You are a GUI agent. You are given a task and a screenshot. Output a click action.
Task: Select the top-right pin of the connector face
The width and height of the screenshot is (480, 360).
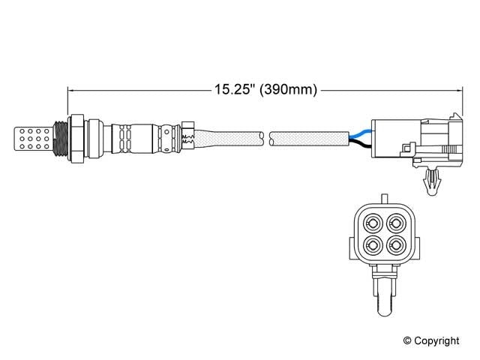(394, 223)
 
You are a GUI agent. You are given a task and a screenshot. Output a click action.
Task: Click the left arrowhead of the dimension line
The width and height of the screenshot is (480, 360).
(72, 90)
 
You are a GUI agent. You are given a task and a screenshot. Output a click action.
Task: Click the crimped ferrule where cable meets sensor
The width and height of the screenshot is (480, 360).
(187, 137)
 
